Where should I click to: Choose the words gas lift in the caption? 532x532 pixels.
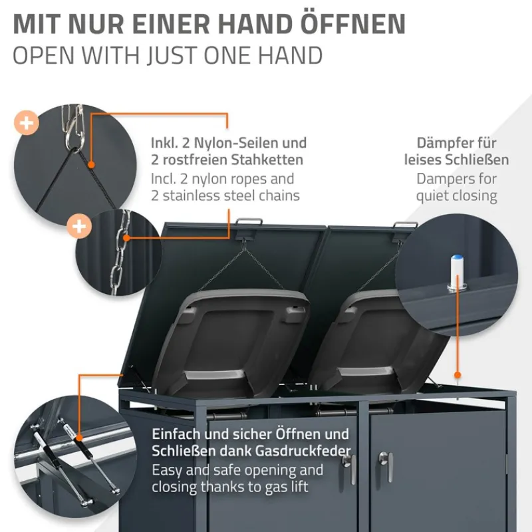pyautogui.click(x=296, y=487)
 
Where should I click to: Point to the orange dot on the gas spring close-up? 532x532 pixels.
pyautogui.click(x=79, y=436)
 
